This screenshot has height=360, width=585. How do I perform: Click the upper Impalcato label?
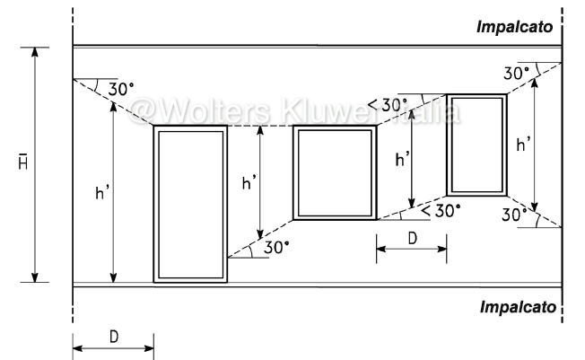[x=514, y=27]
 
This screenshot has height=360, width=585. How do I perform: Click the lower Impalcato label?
[x=518, y=307]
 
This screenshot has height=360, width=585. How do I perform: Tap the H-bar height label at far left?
[x=23, y=162]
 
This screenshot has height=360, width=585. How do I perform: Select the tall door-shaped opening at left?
[x=190, y=204]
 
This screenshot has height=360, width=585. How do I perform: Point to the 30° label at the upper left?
[x=121, y=90]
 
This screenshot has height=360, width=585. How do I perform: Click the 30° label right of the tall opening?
[x=276, y=248]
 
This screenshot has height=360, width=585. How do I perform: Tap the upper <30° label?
[x=388, y=105]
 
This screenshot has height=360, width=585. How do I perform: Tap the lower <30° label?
[x=441, y=211]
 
